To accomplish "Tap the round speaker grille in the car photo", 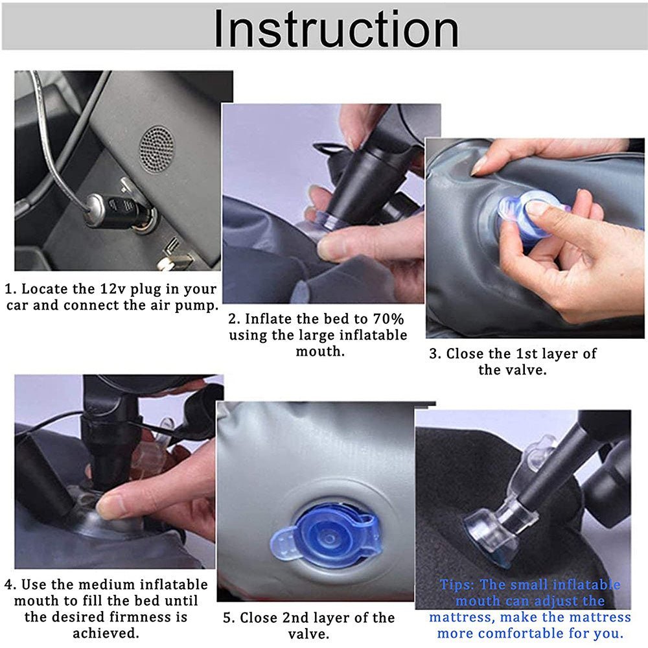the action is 157,148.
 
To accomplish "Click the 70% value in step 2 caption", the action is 388,319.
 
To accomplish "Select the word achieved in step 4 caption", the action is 106,633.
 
